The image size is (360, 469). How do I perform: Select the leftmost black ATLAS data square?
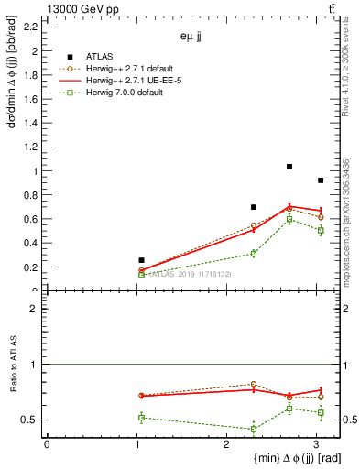click(x=141, y=260)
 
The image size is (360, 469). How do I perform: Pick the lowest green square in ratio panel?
click(x=254, y=429)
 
